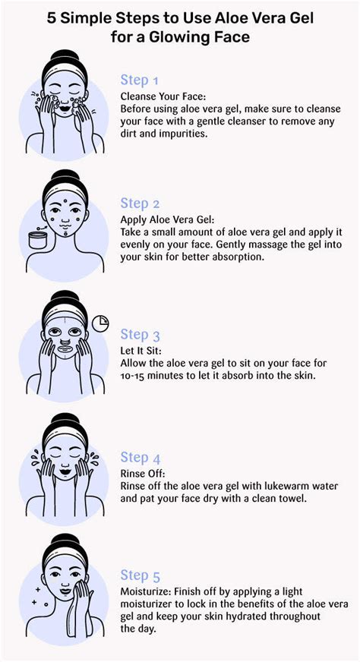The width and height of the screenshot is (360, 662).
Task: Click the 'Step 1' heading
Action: tap(140, 80)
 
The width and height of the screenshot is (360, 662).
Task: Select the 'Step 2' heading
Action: tap(140, 203)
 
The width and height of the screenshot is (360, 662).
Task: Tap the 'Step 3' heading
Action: tap(140, 334)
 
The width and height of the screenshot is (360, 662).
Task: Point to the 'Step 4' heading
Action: tap(140, 457)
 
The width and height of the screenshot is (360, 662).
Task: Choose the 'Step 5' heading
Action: tap(140, 575)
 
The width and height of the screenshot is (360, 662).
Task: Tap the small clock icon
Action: tap(99, 325)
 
